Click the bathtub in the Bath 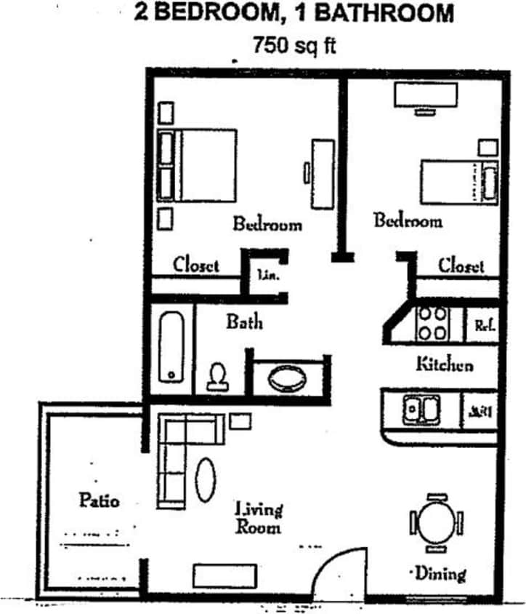coord(172,346)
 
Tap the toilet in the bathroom coord(217,375)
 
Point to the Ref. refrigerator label coord(484,325)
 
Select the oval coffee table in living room coord(206,479)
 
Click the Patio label coord(99,501)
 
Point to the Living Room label coord(259,517)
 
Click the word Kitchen coord(445,364)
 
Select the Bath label coord(244,321)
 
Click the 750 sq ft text coord(294,45)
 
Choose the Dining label coord(440,574)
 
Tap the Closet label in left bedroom coord(196,265)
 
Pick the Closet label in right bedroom coord(461,265)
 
